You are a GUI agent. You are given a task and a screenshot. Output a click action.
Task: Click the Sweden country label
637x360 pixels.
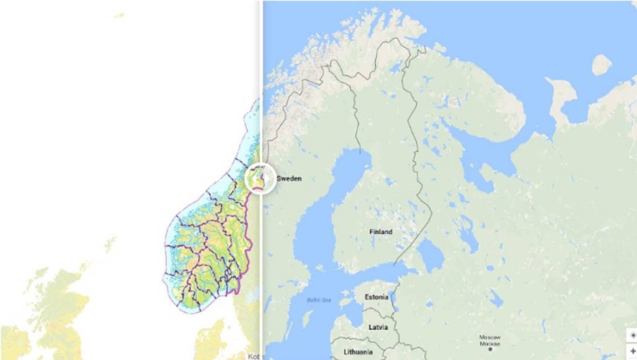289,178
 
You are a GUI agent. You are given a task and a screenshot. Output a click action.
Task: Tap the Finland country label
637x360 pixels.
381,232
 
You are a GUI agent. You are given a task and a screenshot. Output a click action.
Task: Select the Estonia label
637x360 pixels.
376,297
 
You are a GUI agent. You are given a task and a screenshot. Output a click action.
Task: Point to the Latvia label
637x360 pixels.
378,327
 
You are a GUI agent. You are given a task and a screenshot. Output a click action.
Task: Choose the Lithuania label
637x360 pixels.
358,352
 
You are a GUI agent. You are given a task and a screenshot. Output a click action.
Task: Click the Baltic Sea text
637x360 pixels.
318,301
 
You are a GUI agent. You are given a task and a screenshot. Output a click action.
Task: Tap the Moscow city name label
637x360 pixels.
489,339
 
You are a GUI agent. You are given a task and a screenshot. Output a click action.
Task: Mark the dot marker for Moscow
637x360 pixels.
490,349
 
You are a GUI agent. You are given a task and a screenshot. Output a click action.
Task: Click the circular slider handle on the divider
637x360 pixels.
261,178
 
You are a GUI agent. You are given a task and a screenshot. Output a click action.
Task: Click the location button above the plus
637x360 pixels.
632,336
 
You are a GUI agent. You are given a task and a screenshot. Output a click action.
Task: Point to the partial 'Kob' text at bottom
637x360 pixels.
252,356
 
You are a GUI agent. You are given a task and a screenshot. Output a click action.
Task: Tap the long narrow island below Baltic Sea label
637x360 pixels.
306,319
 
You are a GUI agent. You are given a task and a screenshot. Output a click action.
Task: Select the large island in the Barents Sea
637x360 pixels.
601,65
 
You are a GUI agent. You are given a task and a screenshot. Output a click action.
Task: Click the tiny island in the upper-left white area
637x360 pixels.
119,15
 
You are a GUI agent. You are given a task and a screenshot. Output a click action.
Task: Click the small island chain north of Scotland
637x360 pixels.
110,244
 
